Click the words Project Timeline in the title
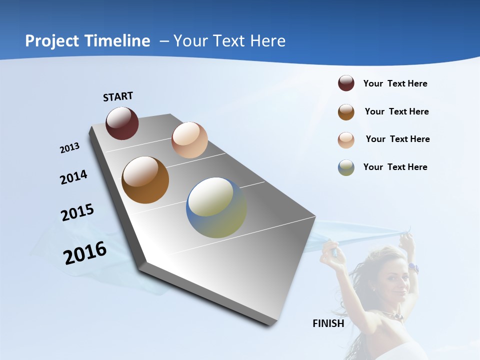pyautogui.click(x=87, y=41)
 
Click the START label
pyautogui.click(x=118, y=96)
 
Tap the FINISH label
pyautogui.click(x=328, y=323)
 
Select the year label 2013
pyautogui.click(x=70, y=148)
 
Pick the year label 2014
pyautogui.click(x=73, y=177)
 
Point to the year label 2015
pyautogui.click(x=77, y=212)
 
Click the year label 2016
pyautogui.click(x=85, y=253)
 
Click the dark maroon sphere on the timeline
pyautogui.click(x=122, y=123)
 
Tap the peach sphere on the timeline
pyautogui.click(x=189, y=140)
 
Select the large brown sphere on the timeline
pyautogui.click(x=145, y=180)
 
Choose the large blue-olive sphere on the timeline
pyautogui.click(x=216, y=207)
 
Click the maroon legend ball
pyautogui.click(x=346, y=83)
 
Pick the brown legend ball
pyautogui.click(x=346, y=112)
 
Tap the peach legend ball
pyautogui.click(x=346, y=140)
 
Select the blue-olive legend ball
pyautogui.click(x=346, y=167)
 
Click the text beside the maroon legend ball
pyautogui.click(x=395, y=84)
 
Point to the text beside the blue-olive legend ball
pyautogui.click(x=395, y=167)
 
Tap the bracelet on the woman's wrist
pyautogui.click(x=413, y=268)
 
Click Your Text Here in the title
pyautogui.click(x=229, y=41)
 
